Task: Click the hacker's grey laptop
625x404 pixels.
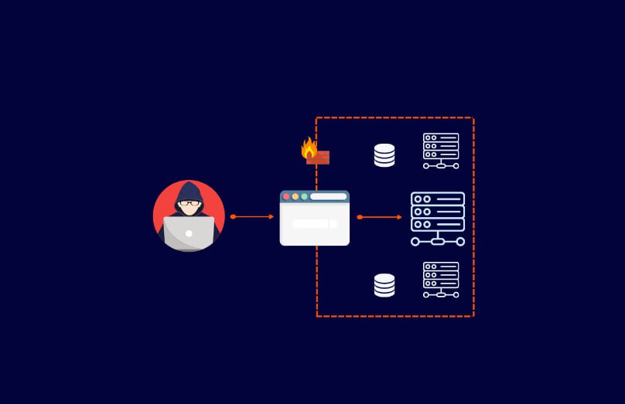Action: pos(189,233)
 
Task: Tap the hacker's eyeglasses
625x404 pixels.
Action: pos(189,205)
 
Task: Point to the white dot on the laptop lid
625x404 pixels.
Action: pos(189,232)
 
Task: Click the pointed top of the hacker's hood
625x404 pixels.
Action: pos(189,183)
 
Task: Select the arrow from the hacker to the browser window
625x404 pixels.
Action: pos(253,216)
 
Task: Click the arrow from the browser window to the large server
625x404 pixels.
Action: pos(381,217)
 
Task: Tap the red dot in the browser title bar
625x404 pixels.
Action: pos(286,197)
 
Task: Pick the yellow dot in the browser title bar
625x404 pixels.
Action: pos(295,197)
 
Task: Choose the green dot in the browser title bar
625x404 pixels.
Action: pos(304,197)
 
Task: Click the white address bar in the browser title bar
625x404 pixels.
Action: pos(328,197)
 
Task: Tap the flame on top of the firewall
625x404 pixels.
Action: pos(309,147)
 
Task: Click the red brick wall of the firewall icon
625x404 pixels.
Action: pos(319,158)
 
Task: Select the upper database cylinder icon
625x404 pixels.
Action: pos(384,155)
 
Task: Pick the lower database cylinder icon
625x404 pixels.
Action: pos(384,285)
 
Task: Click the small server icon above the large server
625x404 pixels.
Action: pos(441,150)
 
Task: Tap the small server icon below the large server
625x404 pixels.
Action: pos(441,279)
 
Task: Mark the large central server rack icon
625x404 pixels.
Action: pos(438,218)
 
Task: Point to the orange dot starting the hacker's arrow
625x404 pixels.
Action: pos(233,216)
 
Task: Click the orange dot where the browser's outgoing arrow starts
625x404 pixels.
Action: pos(360,217)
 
